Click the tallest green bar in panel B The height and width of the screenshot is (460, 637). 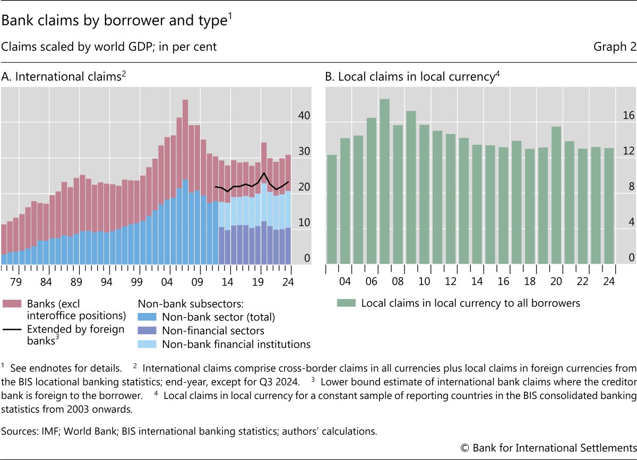click(385, 180)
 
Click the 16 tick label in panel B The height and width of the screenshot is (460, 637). click(628, 116)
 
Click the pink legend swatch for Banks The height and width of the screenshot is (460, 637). click(11, 303)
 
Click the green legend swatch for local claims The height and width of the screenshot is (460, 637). click(346, 303)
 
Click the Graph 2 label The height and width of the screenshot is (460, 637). click(615, 47)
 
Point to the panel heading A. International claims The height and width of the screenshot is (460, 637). click(64, 77)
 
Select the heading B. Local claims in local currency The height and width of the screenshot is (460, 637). click(412, 77)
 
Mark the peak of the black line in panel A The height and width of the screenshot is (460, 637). click(264, 173)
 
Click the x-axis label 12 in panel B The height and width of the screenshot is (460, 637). click(451, 281)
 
